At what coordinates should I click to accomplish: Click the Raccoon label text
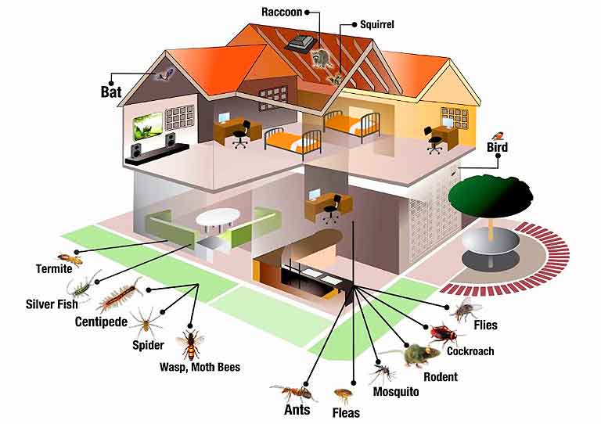click(282, 12)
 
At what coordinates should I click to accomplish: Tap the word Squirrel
click(376, 24)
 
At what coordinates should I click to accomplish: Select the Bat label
click(111, 92)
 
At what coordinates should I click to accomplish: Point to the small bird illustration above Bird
click(498, 135)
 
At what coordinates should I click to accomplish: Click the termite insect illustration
click(70, 259)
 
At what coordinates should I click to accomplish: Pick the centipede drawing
click(119, 295)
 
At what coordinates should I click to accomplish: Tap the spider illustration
click(146, 322)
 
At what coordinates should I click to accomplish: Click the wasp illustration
click(191, 343)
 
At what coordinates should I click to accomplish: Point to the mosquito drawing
click(382, 372)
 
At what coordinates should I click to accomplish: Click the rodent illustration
click(419, 354)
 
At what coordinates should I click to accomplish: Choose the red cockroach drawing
click(444, 334)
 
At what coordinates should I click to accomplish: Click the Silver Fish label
click(52, 304)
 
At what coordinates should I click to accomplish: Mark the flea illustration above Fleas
click(343, 395)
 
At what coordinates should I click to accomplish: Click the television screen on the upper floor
click(147, 126)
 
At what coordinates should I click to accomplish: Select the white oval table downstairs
click(218, 218)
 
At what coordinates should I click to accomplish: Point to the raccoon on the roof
click(321, 58)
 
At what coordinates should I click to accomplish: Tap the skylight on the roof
click(301, 43)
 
